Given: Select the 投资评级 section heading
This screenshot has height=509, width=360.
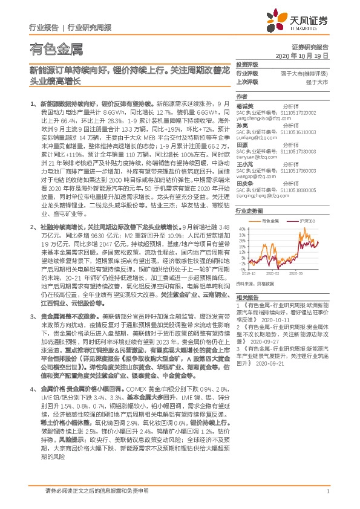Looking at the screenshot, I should click(x=246, y=63).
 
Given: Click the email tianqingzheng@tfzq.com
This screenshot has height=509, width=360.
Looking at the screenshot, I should click(x=260, y=194).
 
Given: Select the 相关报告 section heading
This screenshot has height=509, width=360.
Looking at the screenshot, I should click(x=246, y=297).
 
